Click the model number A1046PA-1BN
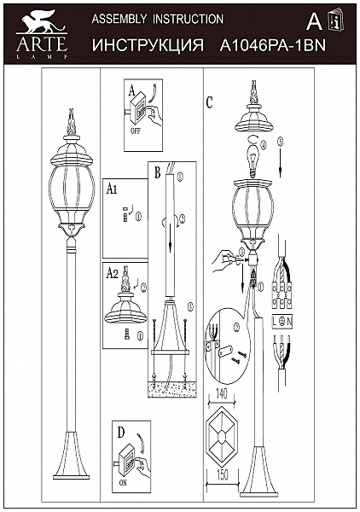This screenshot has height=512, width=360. click(273, 46)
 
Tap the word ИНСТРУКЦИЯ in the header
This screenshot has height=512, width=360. click(148, 45)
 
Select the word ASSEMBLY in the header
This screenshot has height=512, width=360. click(119, 19)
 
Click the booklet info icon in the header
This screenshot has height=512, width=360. click(336, 20)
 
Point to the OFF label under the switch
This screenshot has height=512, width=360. click(135, 131)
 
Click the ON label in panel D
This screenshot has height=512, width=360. click(123, 483)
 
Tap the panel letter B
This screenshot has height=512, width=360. click(157, 172)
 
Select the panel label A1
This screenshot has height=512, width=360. click(112, 189)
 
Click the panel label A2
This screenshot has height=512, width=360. click(113, 274)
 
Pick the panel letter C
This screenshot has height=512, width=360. click(210, 102)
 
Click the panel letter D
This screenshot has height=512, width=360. click(121, 433)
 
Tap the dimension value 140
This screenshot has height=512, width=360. click(221, 394)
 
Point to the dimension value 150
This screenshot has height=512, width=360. click(222, 474)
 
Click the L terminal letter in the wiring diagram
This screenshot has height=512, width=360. click(275, 322)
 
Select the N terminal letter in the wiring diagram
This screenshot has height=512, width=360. click(289, 322)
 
